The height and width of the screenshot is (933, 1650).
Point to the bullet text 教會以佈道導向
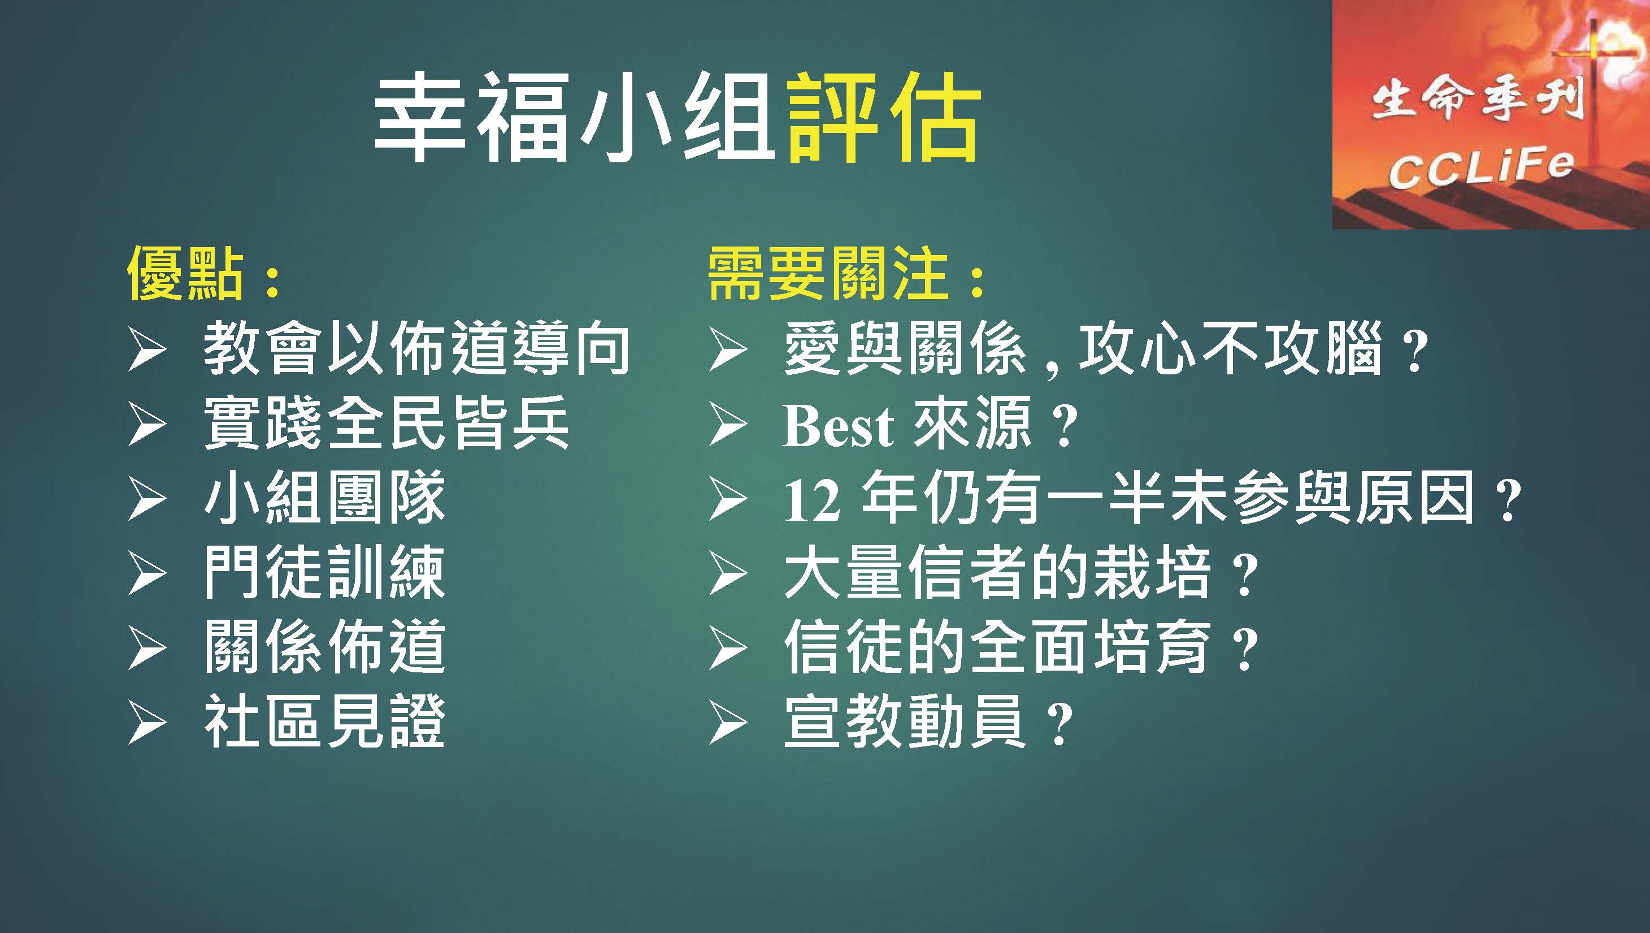pyautogui.click(x=417, y=349)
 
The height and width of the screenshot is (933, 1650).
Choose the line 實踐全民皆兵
pyautogui.click(x=387, y=424)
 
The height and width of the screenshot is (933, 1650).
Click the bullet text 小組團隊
pyautogui.click(x=325, y=498)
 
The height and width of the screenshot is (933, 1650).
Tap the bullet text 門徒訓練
pyautogui.click(x=325, y=572)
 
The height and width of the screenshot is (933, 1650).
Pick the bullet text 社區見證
pyautogui.click(x=325, y=721)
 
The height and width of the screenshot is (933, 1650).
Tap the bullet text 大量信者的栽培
pyautogui.click(x=997, y=572)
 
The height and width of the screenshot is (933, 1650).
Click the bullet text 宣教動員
pyautogui.click(x=905, y=721)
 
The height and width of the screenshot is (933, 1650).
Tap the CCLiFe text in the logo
pyautogui.click(x=1480, y=167)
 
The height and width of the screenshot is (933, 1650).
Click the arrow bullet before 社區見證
pyautogui.click(x=147, y=722)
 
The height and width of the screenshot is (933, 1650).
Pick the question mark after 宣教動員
pyautogui.click(x=1057, y=724)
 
